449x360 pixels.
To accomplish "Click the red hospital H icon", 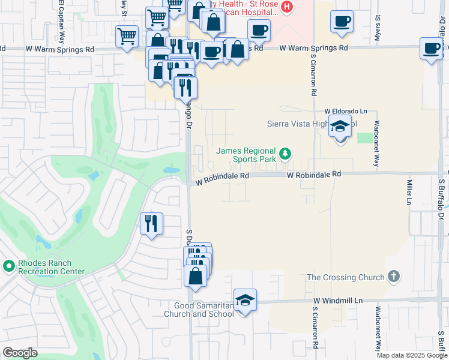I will pyautogui.click(x=287, y=7).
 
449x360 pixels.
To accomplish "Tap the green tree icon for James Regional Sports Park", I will pyautogui.click(x=285, y=154).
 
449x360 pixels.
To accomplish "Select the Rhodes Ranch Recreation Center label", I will pyautogui.click(x=45, y=267).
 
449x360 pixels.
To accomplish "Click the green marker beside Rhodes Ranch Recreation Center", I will pyautogui.click(x=9, y=265).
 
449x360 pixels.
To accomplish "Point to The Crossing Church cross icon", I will pyautogui.click(x=393, y=277).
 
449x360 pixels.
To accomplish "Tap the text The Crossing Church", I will pyautogui.click(x=345, y=277).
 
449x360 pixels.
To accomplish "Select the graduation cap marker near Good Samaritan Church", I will pyautogui.click(x=245, y=300).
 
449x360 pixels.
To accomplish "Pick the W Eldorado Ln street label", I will pyautogui.click(x=345, y=112).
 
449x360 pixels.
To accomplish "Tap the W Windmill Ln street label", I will pyautogui.click(x=338, y=300).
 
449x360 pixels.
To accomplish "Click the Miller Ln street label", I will pyautogui.click(x=410, y=190).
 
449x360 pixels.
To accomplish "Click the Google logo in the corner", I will pyautogui.click(x=20, y=353).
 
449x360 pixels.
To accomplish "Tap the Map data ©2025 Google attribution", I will pyautogui.click(x=411, y=355).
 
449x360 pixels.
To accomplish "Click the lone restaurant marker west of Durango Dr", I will pyautogui.click(x=151, y=224).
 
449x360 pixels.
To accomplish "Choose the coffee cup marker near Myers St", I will pyautogui.click(x=342, y=22).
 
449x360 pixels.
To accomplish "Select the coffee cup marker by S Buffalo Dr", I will pyautogui.click(x=431, y=49).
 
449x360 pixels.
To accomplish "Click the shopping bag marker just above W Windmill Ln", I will pyautogui.click(x=196, y=276).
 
